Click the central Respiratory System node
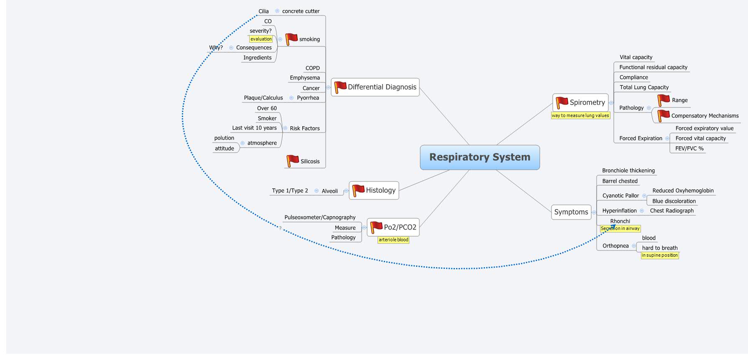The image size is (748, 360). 480,157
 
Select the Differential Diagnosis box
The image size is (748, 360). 375,87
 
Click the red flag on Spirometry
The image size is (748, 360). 562,102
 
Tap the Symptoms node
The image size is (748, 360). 571,212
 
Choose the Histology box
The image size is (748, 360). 374,190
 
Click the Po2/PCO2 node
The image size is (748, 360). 393,227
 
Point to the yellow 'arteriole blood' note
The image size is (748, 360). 393,240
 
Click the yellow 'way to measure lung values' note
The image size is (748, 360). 580,115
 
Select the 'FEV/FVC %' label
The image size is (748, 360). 689,148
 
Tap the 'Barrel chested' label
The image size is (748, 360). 620,181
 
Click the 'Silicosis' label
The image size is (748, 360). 310,161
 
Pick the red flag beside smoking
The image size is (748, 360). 291,39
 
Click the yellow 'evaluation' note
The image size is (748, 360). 261,39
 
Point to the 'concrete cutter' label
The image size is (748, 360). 301,11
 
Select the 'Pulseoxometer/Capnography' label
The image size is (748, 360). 320,217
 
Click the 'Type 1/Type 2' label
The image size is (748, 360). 290,191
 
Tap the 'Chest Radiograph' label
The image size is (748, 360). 671,211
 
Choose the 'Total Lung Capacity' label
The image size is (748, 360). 644,87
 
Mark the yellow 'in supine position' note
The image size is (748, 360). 659,255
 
